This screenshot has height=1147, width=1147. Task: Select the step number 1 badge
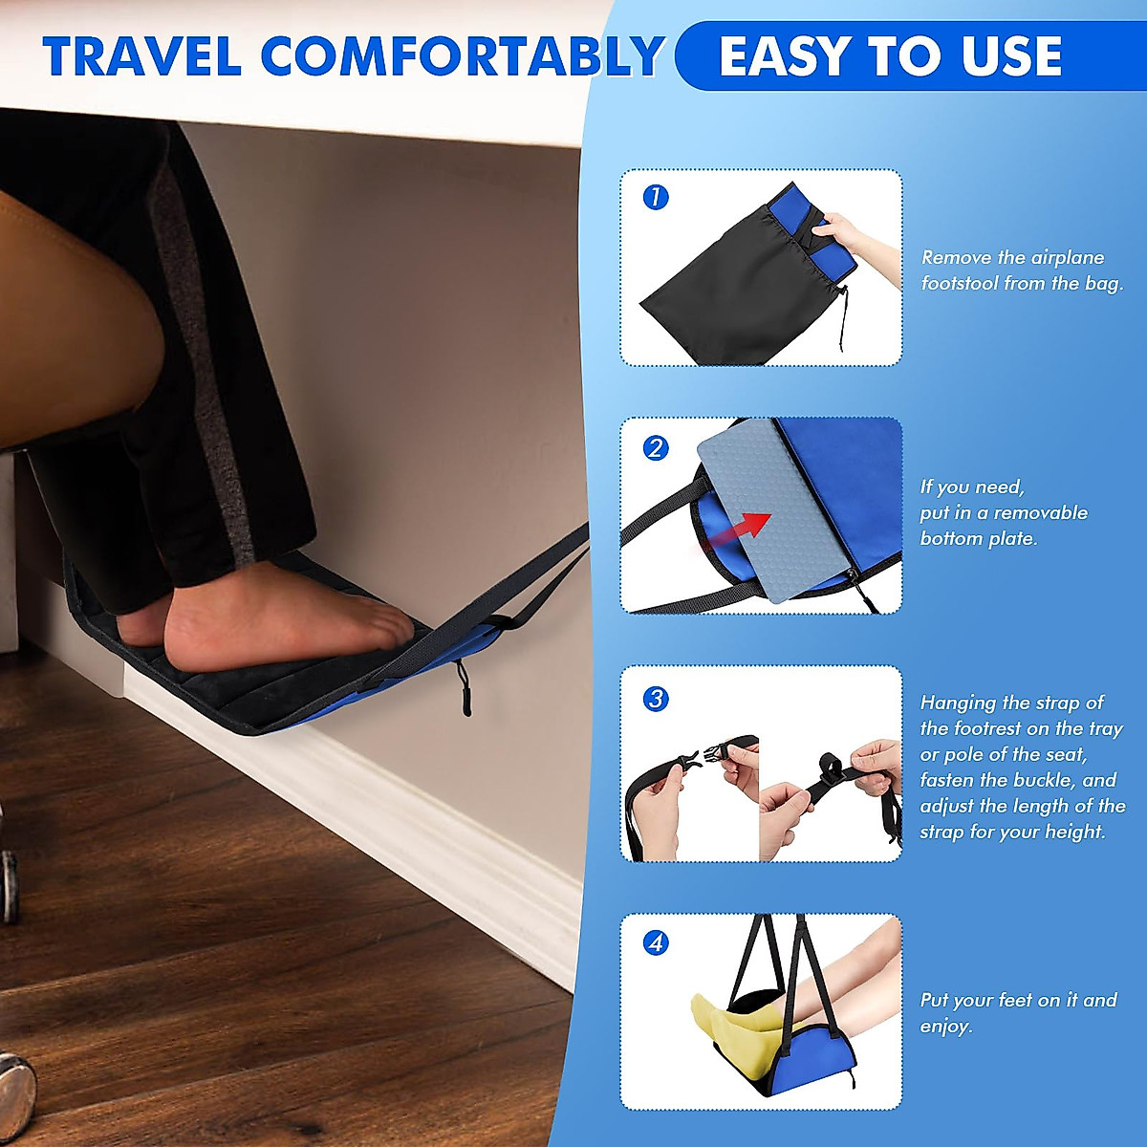[656, 198]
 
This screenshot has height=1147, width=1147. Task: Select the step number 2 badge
[656, 447]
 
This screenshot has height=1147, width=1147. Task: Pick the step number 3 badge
[656, 698]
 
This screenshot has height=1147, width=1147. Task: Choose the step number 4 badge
[656, 943]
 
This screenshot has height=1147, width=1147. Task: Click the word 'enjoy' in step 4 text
[944, 1027]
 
